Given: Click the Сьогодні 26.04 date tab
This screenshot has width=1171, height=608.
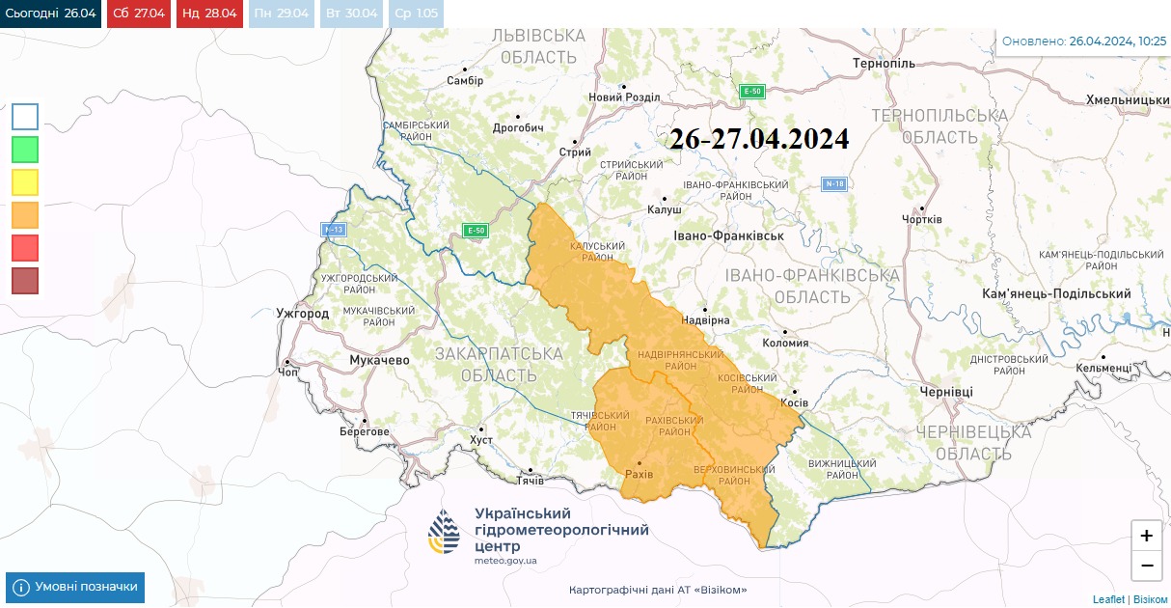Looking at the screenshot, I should pyautogui.click(x=50, y=14).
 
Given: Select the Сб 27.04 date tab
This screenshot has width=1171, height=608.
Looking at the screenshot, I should pyautogui.click(x=139, y=14).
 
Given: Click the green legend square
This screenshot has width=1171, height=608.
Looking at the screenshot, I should pyautogui.click(x=25, y=150).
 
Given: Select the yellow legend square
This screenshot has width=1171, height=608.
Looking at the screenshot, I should pyautogui.click(x=25, y=182).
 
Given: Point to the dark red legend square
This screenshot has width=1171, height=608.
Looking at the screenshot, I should pyautogui.click(x=25, y=281).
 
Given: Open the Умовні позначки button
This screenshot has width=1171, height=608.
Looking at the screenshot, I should pyautogui.click(x=75, y=587).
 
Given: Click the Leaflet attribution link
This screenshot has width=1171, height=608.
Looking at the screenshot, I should pyautogui.click(x=1108, y=599).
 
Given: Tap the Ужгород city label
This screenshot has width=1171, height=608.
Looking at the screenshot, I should pyautogui.click(x=302, y=314).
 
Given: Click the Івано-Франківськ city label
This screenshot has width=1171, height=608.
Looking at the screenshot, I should pyautogui.click(x=728, y=235).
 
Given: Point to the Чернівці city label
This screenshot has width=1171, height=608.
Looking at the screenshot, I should pyautogui.click(x=946, y=391).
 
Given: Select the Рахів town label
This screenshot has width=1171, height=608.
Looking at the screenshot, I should pyautogui.click(x=639, y=475).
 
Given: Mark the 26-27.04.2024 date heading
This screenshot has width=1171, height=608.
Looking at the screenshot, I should pyautogui.click(x=759, y=139).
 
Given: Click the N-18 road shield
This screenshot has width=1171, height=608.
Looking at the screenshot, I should pyautogui.click(x=834, y=183).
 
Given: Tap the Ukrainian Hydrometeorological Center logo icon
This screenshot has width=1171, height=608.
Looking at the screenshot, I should pyautogui.click(x=445, y=532).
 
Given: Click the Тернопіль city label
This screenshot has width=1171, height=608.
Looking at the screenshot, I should pyautogui.click(x=884, y=64).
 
